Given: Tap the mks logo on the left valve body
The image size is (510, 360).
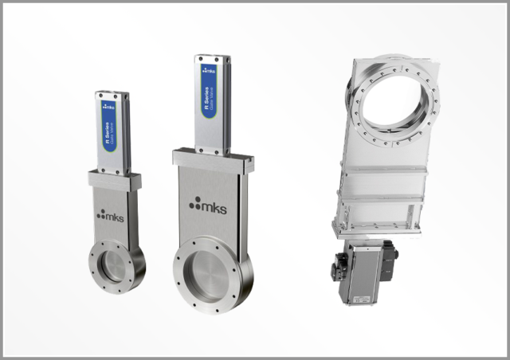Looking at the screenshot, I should click(x=111, y=214).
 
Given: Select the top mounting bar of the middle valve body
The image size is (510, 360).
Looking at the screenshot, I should click(x=214, y=158).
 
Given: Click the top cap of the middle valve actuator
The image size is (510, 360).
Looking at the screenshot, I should click(x=212, y=58).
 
